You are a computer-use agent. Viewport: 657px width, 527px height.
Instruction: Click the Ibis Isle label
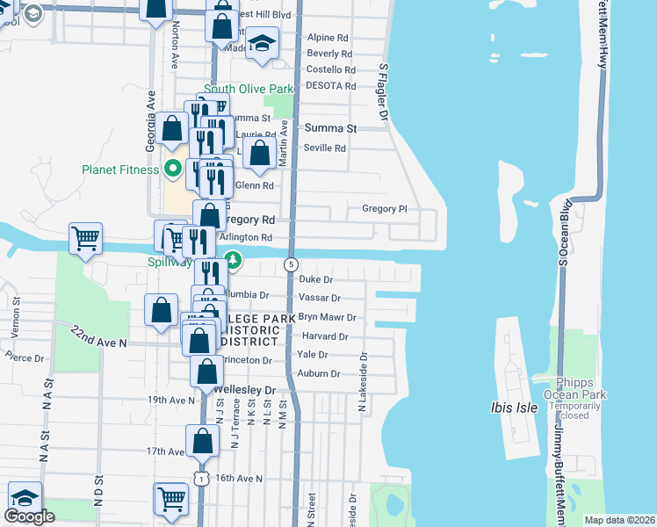click(x=516, y=408)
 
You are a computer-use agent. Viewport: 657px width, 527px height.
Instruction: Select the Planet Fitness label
click(x=119, y=170)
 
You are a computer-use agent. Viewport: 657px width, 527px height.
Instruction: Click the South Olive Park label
click(x=249, y=89)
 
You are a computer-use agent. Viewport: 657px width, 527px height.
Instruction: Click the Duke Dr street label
click(x=316, y=279)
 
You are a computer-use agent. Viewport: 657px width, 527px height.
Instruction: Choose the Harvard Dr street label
click(x=325, y=336)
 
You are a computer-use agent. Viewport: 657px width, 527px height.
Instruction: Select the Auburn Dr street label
click(x=319, y=373)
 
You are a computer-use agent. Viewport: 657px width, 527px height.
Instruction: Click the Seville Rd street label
click(x=325, y=148)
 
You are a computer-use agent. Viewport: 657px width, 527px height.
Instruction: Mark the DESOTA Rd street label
click(x=331, y=86)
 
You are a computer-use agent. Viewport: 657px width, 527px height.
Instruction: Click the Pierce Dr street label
click(x=24, y=357)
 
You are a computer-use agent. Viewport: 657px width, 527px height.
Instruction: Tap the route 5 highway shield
click(x=290, y=264)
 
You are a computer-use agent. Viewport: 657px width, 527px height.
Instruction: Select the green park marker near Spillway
click(x=232, y=260)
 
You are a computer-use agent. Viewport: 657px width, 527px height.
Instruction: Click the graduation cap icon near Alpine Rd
click(x=261, y=43)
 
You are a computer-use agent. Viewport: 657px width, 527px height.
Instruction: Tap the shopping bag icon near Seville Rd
click(x=260, y=153)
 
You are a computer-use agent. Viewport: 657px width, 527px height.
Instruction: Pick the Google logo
click(x=29, y=516)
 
